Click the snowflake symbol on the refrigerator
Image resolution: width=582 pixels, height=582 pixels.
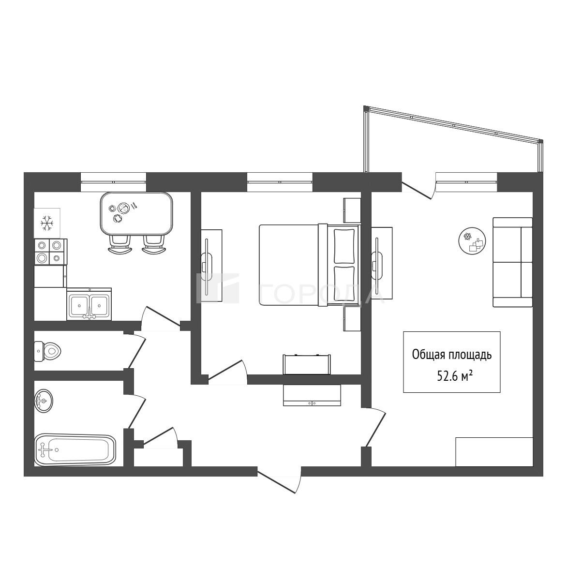point(47,223)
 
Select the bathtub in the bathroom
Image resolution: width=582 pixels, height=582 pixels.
point(75,450)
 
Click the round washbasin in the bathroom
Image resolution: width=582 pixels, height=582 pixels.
point(44,401)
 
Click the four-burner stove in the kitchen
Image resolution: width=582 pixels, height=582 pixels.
point(50,252)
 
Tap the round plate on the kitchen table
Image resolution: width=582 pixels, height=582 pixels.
point(123,208)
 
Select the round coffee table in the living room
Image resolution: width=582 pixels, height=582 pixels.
point(472,241)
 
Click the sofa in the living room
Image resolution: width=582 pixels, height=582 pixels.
point(512,262)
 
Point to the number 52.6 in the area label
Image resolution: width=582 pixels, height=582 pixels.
point(448,376)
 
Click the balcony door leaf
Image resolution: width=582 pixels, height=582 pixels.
point(417,190)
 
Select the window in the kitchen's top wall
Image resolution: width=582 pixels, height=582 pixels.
point(113,182)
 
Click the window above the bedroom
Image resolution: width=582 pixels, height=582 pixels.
point(280,182)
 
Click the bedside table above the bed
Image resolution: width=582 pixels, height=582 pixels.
point(352,210)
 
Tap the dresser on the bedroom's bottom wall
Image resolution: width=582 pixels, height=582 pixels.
point(307,365)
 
